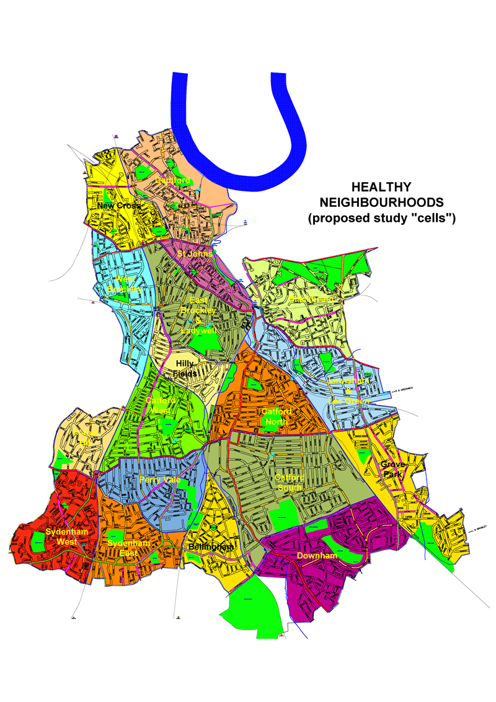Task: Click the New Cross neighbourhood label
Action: pyautogui.click(x=118, y=206)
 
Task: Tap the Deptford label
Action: pyautogui.click(x=172, y=180)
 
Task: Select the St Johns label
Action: pyautogui.click(x=195, y=253)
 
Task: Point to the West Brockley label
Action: pyautogui.click(x=125, y=284)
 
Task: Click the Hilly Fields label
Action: pyautogui.click(x=185, y=369)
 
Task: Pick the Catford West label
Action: pyautogui.click(x=161, y=405)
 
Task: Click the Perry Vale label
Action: pyautogui.click(x=159, y=480)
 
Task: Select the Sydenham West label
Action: pyautogui.click(x=66, y=537)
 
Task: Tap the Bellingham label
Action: pyautogui.click(x=211, y=547)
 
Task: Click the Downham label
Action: pyautogui.click(x=316, y=556)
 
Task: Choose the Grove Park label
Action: pyautogui.click(x=392, y=469)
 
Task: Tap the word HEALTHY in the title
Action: pyautogui.click(x=381, y=186)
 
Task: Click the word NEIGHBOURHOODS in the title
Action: pyautogui.click(x=381, y=203)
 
